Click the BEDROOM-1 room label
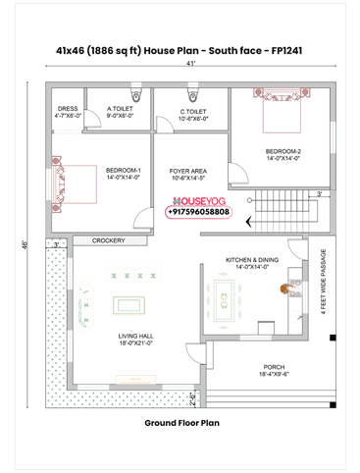(124, 174)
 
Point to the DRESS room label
(67, 112)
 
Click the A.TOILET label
(120, 112)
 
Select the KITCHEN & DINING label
(252, 262)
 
